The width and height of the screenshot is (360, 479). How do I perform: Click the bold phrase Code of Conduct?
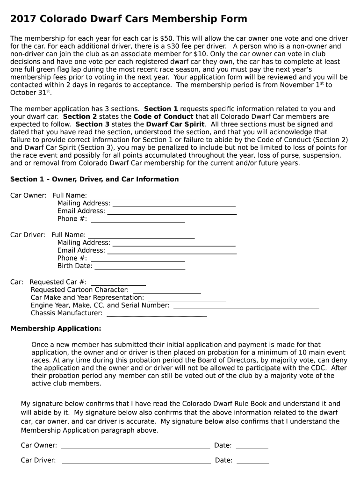tap(163, 116)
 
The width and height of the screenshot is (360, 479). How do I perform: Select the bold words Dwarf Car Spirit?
tap(175, 124)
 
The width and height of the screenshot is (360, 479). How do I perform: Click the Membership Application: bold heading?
tap(56, 328)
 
